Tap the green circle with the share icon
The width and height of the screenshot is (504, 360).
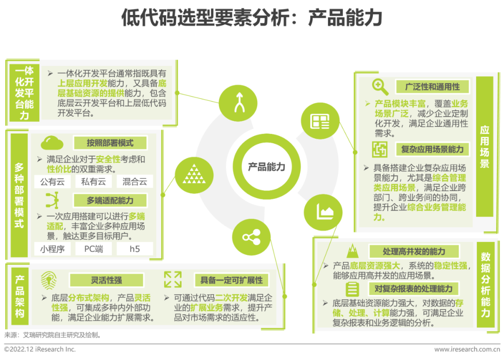(x=251, y=237)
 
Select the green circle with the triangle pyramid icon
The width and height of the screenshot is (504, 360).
(x=194, y=176)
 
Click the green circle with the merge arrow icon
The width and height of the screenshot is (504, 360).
(x=238, y=103)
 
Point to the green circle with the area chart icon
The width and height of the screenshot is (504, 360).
(x=323, y=212)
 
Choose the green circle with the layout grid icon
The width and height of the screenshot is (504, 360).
(x=320, y=121)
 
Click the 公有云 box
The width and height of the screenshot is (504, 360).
(x=52, y=182)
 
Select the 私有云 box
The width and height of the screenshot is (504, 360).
(x=93, y=182)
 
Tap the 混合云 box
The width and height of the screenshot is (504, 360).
(x=135, y=182)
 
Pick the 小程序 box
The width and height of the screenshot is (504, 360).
(x=52, y=249)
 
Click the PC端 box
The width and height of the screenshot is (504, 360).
(x=93, y=249)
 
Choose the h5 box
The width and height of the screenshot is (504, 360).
(x=135, y=249)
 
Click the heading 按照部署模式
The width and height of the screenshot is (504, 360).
(x=110, y=143)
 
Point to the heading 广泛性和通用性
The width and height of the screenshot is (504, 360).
(x=432, y=87)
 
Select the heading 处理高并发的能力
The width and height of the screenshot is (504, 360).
(x=414, y=251)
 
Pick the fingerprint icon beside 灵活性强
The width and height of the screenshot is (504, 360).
(x=49, y=280)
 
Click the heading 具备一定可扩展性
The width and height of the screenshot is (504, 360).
(x=231, y=280)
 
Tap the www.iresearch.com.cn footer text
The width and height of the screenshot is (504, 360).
(x=467, y=349)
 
